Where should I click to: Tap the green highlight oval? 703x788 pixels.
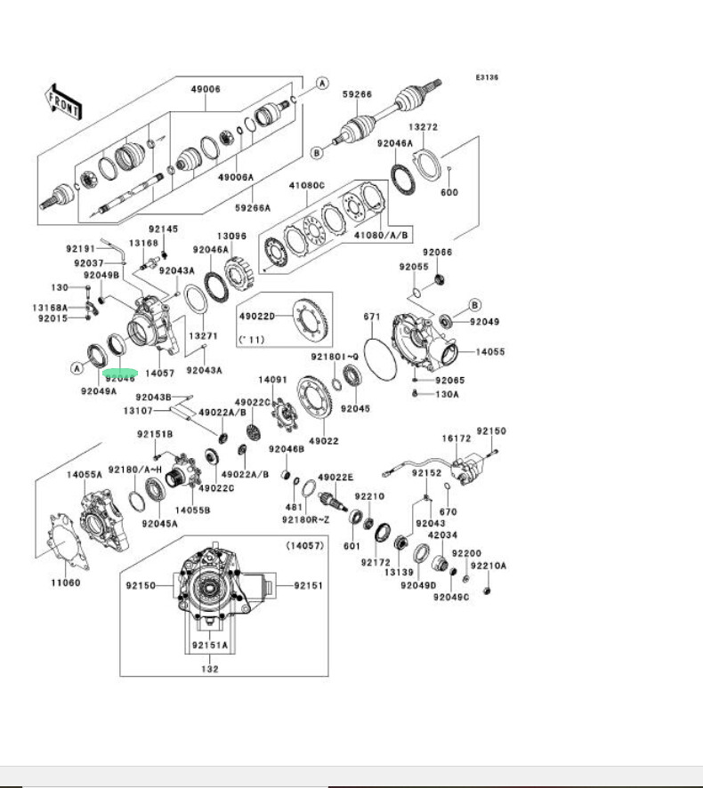click(120, 374)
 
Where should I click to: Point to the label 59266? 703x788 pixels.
click(358, 93)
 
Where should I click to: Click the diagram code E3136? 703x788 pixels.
click(486, 77)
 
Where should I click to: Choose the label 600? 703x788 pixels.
click(449, 192)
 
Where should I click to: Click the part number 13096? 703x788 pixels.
click(231, 236)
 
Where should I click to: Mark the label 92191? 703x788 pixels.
click(81, 248)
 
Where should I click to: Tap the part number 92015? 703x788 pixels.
click(52, 318)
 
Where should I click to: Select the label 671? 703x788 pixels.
click(372, 317)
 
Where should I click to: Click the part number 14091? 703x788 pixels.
click(273, 380)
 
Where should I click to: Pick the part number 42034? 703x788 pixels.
click(442, 535)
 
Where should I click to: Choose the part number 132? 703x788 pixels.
click(210, 669)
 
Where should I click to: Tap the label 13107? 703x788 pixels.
click(138, 410)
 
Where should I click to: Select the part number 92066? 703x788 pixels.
click(438, 253)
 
